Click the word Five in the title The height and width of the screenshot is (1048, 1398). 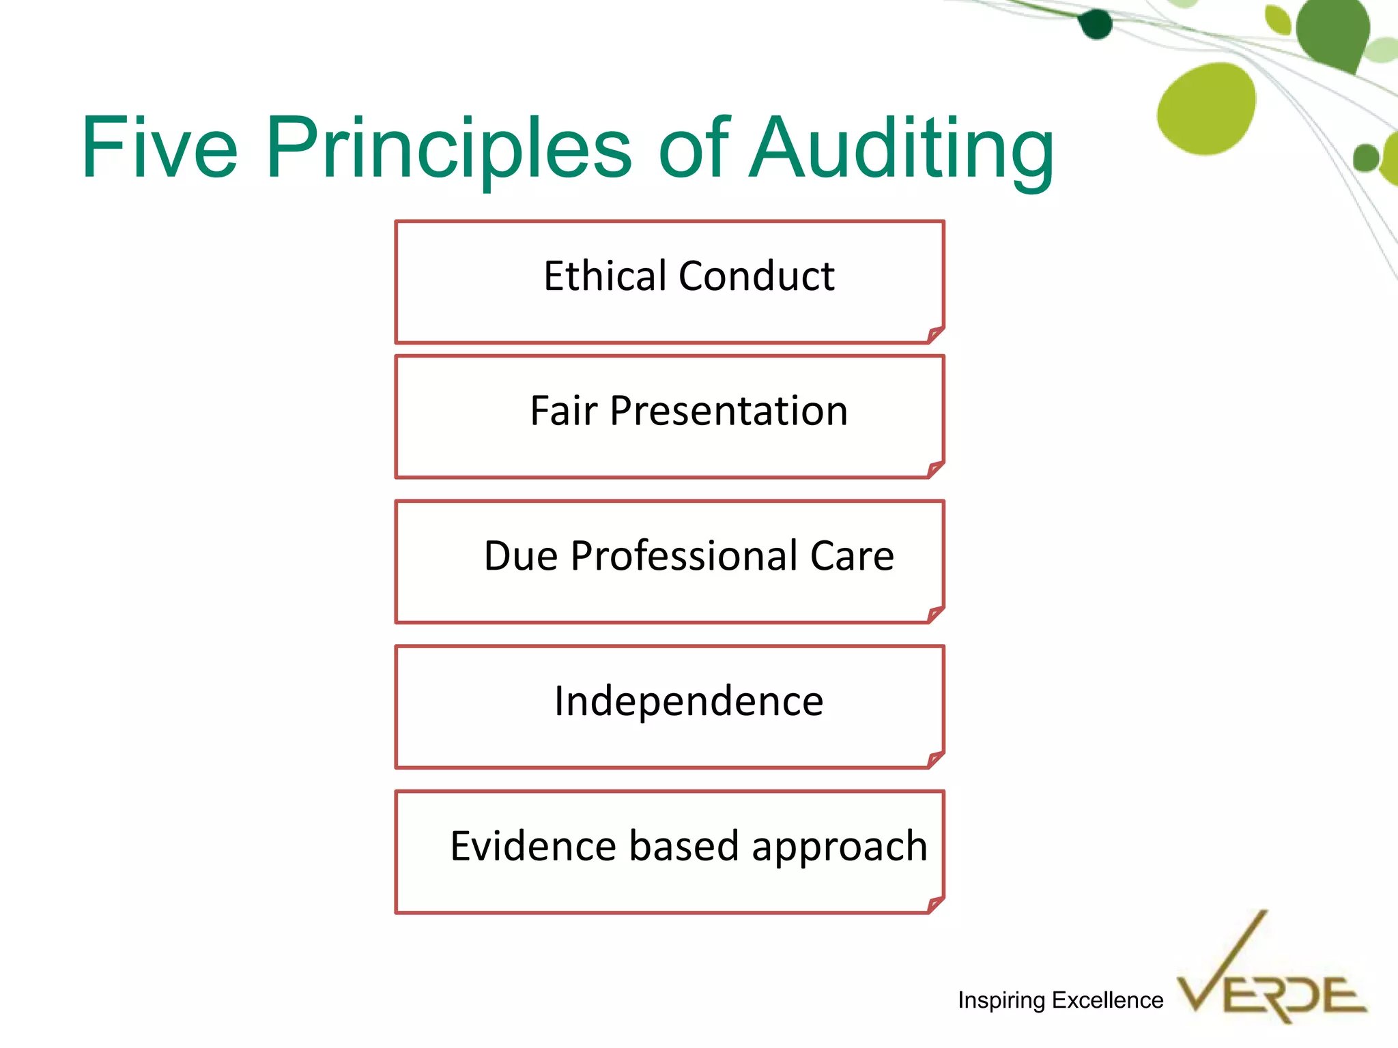coord(159,148)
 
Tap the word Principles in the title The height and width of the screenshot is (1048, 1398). coord(449,148)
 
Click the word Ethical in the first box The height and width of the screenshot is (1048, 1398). coord(604,276)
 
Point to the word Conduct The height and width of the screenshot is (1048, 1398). coord(756,276)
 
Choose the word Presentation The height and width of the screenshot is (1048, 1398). coord(729,411)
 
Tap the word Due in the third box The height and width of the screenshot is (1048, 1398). coord(521,556)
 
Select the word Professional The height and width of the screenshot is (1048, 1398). coord(684,556)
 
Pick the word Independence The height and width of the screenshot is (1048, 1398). coord(689,701)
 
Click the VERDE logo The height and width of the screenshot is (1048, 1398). coord(1271,982)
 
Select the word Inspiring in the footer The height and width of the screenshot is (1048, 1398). coord(1001,1000)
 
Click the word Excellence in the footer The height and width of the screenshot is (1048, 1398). coord(1107,1000)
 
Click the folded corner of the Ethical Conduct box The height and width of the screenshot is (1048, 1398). coord(936,334)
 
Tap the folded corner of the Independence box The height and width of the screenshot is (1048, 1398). coord(936,759)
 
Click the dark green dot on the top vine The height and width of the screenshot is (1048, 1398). coord(1096,25)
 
